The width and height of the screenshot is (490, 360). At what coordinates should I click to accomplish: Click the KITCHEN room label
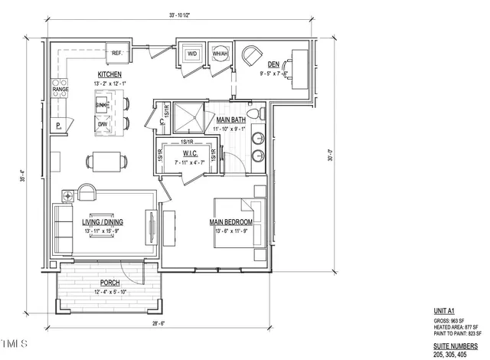(109, 74)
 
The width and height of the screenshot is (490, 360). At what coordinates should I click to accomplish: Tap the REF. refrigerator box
(118, 53)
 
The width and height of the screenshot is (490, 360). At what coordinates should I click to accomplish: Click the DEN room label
(273, 65)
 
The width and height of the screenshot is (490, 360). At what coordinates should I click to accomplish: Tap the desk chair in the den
(251, 56)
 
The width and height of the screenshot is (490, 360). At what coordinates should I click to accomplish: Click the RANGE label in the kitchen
(60, 90)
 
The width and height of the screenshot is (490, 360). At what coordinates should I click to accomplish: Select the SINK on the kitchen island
(102, 105)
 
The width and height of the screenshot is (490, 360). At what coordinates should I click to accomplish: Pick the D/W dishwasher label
(102, 124)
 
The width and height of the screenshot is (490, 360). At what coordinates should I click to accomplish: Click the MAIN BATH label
(230, 120)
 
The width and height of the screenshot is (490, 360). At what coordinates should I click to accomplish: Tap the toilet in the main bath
(261, 114)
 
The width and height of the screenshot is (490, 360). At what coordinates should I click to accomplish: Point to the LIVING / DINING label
(103, 223)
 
